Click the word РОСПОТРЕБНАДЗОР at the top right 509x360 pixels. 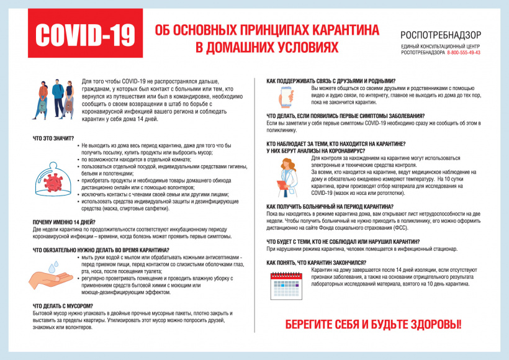click(x=440, y=35)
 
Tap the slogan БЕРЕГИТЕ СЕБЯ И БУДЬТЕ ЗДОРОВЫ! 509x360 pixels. click(x=373, y=324)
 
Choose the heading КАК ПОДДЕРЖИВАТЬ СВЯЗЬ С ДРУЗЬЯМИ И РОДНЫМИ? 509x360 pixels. click(x=331, y=81)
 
